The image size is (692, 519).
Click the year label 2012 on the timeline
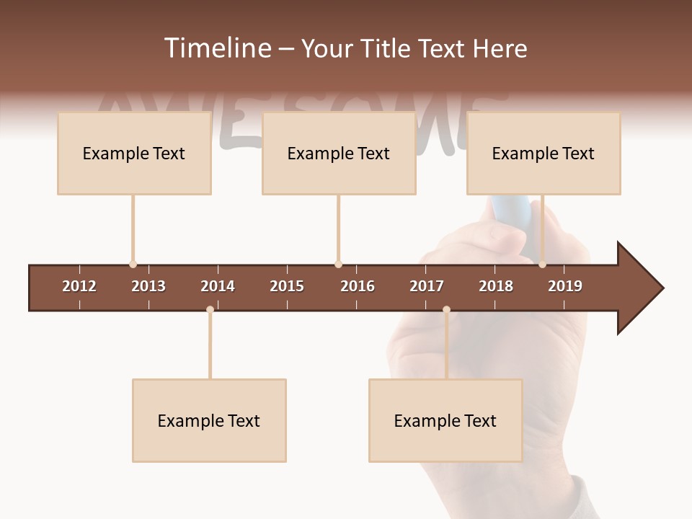[79, 286]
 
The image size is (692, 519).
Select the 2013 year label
[148, 286]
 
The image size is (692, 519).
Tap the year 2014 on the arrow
[218, 286]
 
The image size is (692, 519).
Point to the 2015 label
[287, 286]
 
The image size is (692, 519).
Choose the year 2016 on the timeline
[358, 286]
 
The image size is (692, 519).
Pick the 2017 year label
[427, 286]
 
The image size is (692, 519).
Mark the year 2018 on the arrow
[496, 286]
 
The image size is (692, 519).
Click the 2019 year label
[565, 286]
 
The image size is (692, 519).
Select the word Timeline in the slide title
[217, 48]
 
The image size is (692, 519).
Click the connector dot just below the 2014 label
[210, 310]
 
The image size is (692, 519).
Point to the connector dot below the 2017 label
[446, 310]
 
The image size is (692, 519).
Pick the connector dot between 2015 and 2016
[338, 264]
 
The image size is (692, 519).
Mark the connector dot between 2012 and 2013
[133, 264]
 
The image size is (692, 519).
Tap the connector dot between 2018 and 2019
[542, 264]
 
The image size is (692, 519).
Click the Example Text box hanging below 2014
[209, 420]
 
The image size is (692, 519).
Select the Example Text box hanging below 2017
[445, 420]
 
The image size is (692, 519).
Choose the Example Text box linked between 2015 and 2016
[339, 153]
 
